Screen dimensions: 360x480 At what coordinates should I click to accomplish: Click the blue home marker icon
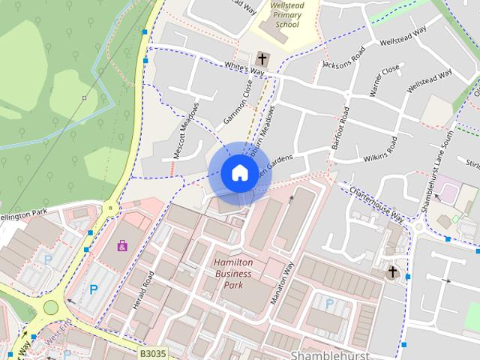(x=238, y=173)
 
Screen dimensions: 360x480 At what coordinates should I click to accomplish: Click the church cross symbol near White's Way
(x=262, y=58)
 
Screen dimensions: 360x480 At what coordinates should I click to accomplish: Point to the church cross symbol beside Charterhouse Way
(x=391, y=272)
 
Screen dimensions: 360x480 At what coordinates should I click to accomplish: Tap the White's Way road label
(x=244, y=70)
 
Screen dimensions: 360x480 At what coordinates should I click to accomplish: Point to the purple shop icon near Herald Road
(x=121, y=245)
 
